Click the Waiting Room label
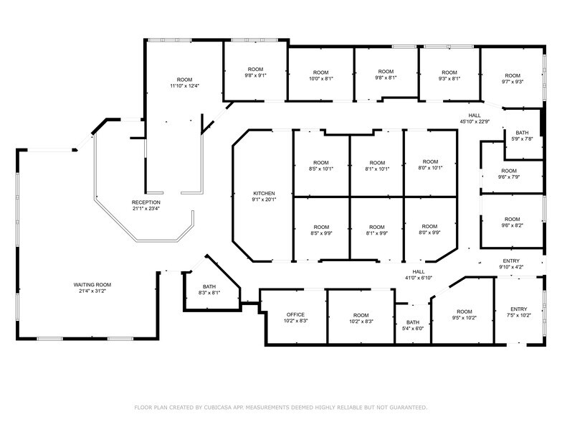92,285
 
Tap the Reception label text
146,202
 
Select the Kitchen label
264,194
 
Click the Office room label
296,315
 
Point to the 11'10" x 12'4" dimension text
184,86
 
